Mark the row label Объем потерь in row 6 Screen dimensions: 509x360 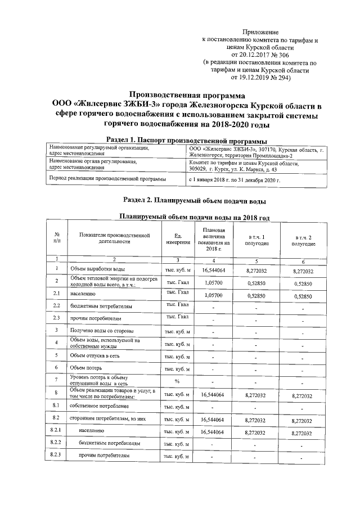pyautogui.click(x=86, y=368)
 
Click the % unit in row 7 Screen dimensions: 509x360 pyautogui.click(x=176, y=381)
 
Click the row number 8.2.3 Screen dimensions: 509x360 pyautogui.click(x=56, y=455)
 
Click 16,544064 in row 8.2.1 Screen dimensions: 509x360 pyautogui.click(x=213, y=432)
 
